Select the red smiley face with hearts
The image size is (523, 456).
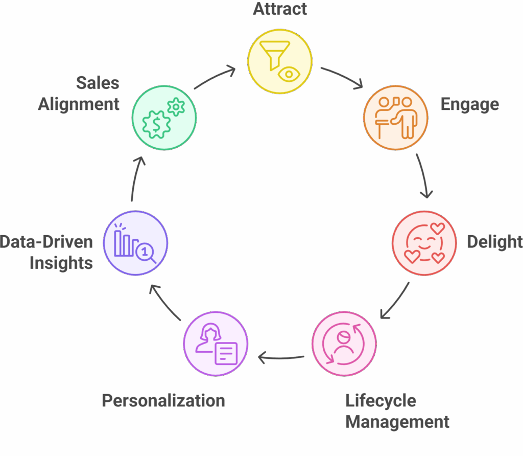coord(424,243)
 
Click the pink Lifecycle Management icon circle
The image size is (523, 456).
coord(344,343)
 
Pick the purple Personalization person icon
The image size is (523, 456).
coord(216,344)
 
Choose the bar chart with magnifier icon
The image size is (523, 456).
coord(135,243)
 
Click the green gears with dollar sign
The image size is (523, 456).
coord(164,118)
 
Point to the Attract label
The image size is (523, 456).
coord(280,9)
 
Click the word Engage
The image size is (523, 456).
coord(469,104)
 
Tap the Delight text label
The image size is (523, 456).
coord(494,241)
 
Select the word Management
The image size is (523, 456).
coord(397,422)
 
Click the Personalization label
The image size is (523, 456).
coord(163,400)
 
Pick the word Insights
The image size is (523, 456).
coord(61,263)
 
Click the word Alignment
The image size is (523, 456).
coord(79,104)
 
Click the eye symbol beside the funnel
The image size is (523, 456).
coord(289,75)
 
